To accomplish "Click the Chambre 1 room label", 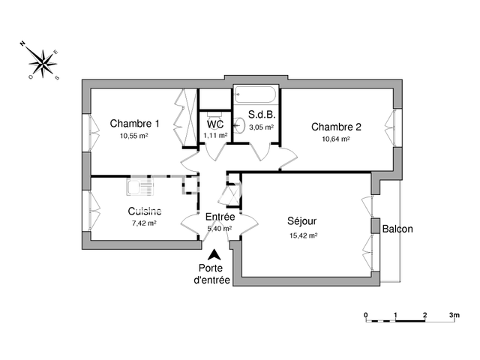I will coord(134,124).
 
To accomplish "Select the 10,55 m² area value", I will coord(133,136).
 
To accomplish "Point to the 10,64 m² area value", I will coord(336,139).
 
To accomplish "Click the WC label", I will coord(215,124).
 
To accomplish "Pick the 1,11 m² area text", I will coord(215,136).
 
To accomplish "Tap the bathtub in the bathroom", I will coord(256,96).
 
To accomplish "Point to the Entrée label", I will coord(220,217).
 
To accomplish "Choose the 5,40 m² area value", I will coord(219,229).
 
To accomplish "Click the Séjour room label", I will coord(302,222).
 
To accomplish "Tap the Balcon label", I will coord(397,229).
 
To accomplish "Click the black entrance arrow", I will coord(215,256).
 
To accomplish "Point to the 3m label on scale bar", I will coord(454,314).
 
